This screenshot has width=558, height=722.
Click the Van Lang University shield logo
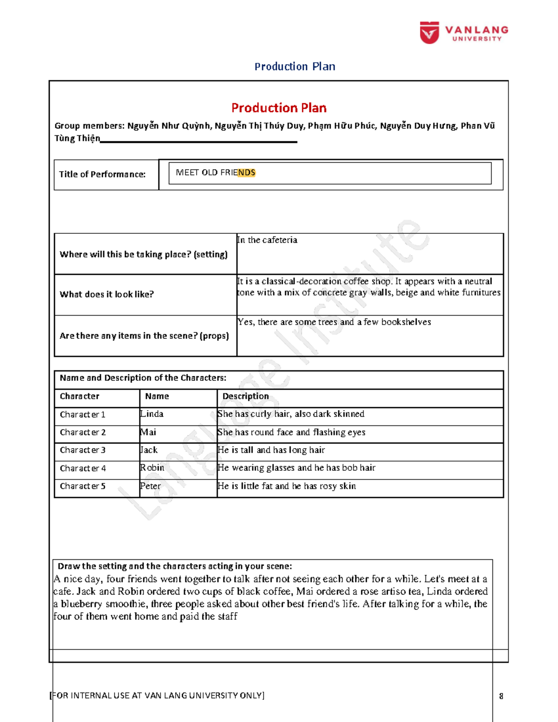pos(429,33)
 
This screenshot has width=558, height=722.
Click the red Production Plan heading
pos(279,108)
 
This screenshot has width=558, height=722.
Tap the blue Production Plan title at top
pos(294,66)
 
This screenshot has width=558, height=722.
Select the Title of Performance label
pos(102,174)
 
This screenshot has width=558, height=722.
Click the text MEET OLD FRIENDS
pos(215,172)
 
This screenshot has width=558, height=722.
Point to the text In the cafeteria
pos(267,240)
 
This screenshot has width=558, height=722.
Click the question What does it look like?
pos(106,294)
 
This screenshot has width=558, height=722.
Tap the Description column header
pos(245,396)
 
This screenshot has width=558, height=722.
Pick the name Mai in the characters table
pos(148,432)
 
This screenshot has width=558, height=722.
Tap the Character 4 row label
pos(83,468)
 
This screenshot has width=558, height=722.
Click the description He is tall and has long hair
pos(271,450)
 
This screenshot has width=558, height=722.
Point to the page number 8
pos(501,696)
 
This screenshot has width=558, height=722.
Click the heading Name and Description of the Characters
pos(143,378)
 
